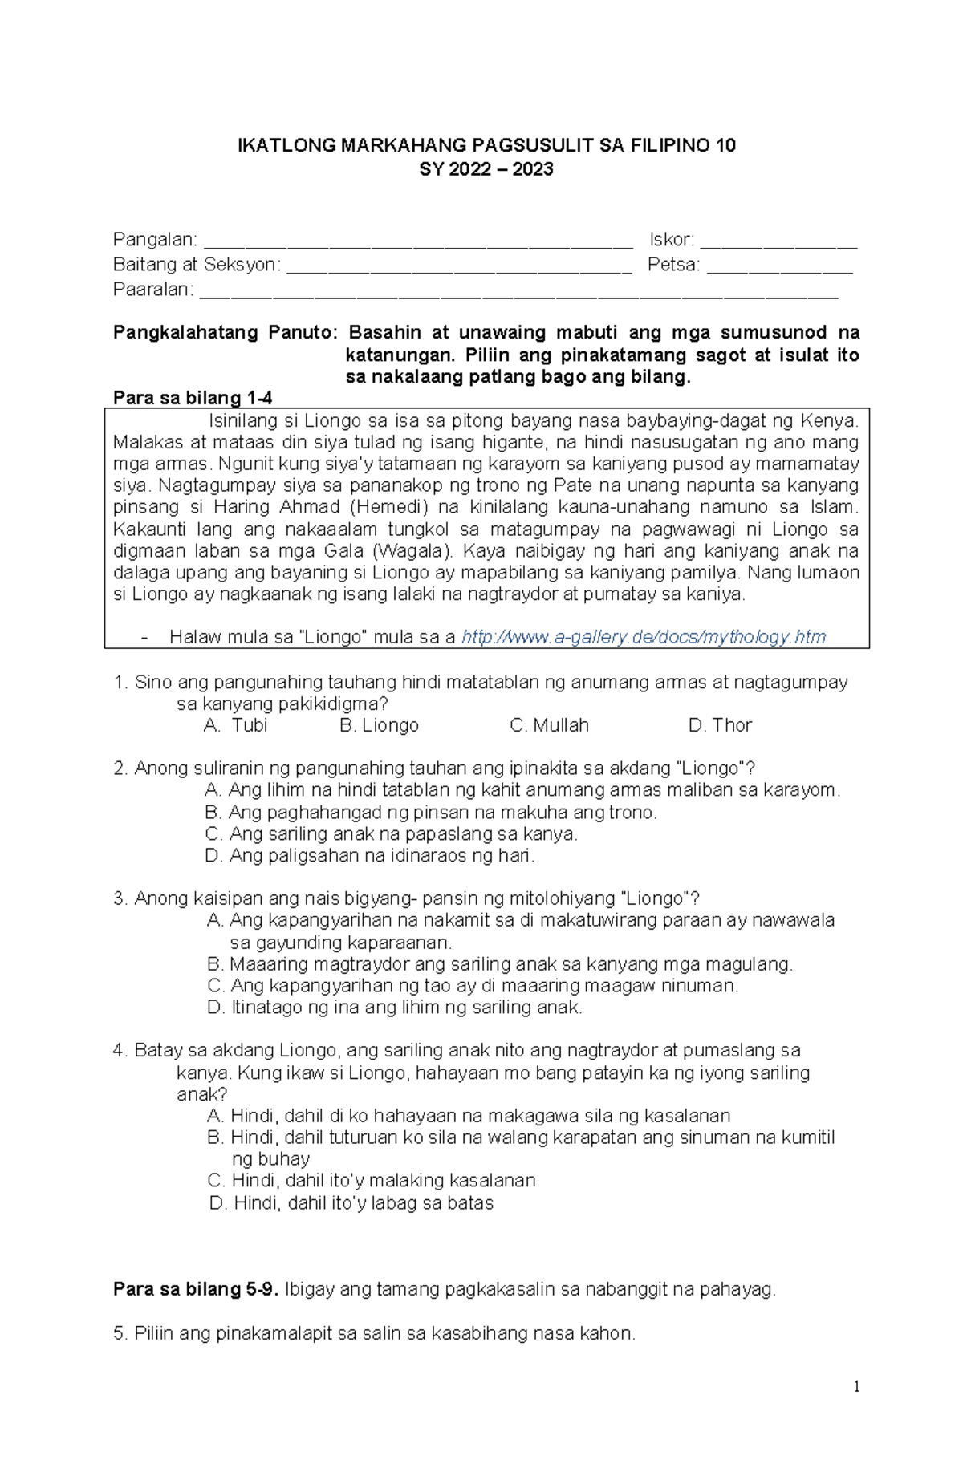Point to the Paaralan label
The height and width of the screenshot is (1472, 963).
tap(152, 290)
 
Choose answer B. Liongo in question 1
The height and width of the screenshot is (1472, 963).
tap(379, 725)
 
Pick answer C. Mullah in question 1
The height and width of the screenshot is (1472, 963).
tap(549, 725)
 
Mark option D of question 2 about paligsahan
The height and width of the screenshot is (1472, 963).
tap(370, 856)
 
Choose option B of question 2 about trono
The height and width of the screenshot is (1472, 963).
tap(431, 813)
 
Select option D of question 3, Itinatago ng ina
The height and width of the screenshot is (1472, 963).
tap(394, 1008)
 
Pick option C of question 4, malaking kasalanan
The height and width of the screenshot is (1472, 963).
tap(371, 1181)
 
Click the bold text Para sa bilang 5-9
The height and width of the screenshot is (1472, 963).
tap(196, 1290)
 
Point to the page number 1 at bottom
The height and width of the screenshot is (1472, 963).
tap(857, 1387)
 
